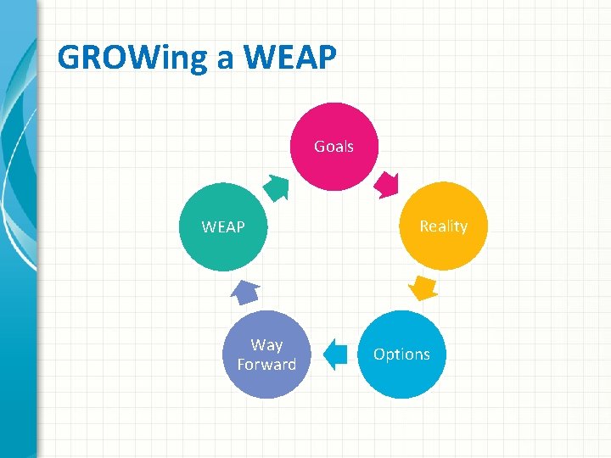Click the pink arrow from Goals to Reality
pyautogui.click(x=388, y=183)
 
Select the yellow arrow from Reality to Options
pyautogui.click(x=423, y=287)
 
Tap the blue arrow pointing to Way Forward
pyautogui.click(x=336, y=355)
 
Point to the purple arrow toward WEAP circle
pyautogui.click(x=244, y=292)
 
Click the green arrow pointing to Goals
pyautogui.click(x=274, y=186)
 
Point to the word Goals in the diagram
pyautogui.click(x=334, y=147)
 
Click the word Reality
pyautogui.click(x=443, y=226)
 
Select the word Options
pyautogui.click(x=401, y=355)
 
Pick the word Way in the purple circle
pyautogui.click(x=266, y=345)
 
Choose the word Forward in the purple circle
pyautogui.click(x=266, y=365)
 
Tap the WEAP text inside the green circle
pyautogui.click(x=223, y=227)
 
